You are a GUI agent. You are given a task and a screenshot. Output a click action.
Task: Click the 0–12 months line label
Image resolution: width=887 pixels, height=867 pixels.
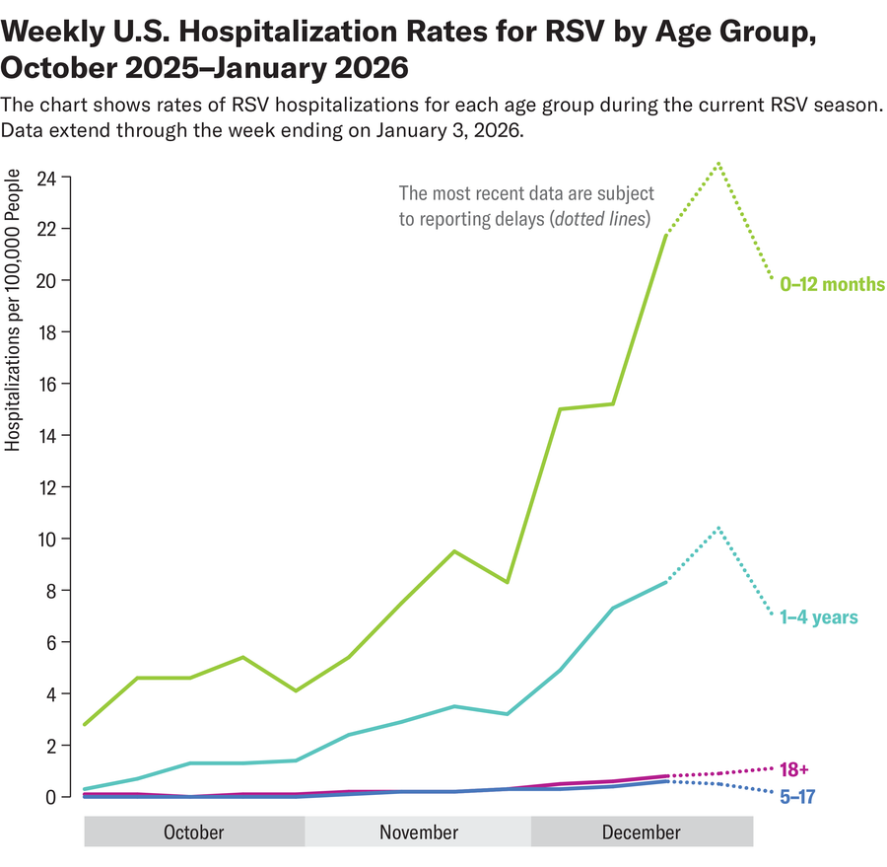[x=832, y=284]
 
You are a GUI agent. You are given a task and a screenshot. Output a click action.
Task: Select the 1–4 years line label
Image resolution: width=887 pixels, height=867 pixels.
[x=818, y=617]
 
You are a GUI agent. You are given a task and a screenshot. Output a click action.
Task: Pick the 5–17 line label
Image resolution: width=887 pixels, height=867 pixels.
[x=798, y=795]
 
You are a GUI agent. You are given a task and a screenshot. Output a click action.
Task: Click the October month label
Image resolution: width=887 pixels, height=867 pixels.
[x=193, y=832]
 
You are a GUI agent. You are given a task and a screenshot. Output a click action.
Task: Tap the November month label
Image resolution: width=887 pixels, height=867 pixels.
[x=419, y=832]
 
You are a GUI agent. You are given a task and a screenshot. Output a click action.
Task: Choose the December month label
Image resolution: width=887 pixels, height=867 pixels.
[x=641, y=832]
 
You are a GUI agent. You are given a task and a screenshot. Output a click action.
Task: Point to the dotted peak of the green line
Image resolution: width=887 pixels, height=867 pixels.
[x=719, y=162]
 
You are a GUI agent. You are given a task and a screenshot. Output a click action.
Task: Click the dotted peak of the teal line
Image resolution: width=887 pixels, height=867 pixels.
[x=719, y=527]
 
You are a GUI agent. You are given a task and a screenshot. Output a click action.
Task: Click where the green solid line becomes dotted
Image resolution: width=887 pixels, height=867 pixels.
[x=667, y=235]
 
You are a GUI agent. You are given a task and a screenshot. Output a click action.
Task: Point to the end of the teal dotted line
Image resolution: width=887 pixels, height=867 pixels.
[x=773, y=616]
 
